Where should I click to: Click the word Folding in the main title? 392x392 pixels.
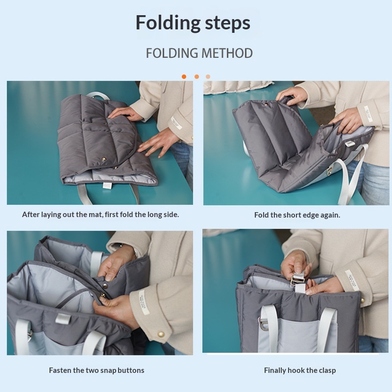(168, 23)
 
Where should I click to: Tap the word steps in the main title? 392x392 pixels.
(228, 23)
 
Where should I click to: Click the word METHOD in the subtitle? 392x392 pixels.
(227, 53)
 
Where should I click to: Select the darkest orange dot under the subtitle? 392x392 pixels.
(184, 77)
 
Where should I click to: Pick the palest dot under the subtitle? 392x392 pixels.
(208, 77)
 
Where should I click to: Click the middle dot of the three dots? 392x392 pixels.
(197, 77)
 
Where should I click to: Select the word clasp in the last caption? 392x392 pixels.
(327, 370)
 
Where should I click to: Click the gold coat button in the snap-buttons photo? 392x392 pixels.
(161, 334)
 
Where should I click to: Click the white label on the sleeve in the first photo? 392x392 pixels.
(176, 123)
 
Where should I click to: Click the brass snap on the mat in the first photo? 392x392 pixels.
(103, 159)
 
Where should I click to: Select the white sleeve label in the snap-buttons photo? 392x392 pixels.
(144, 303)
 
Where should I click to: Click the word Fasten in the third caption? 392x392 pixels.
(60, 370)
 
